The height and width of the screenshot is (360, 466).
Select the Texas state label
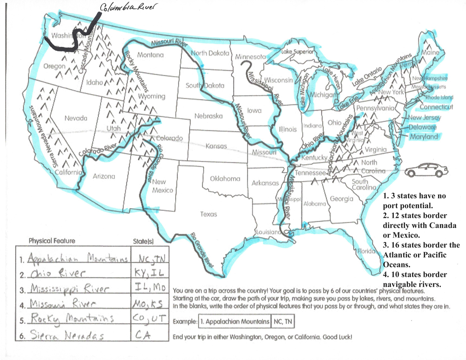(x=208, y=214)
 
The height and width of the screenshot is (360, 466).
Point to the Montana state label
(x=151, y=55)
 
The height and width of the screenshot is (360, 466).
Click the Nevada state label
(x=76, y=118)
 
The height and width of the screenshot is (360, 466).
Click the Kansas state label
(x=216, y=146)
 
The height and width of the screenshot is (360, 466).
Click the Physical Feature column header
(x=51, y=241)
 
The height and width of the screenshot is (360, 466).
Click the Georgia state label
(x=341, y=199)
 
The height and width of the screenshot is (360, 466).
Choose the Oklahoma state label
(x=225, y=178)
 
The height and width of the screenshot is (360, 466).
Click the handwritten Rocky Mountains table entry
(x=71, y=319)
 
